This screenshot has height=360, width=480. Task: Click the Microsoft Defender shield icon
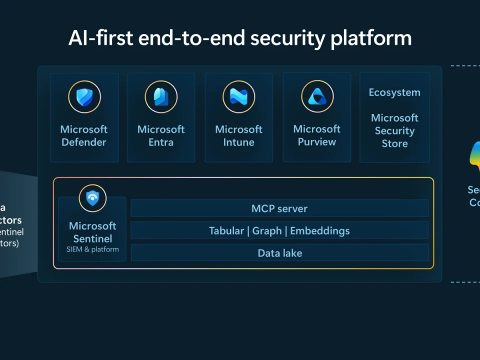click(84, 97)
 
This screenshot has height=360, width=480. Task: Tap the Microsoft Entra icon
click(161, 97)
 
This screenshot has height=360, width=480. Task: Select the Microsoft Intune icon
click(238, 97)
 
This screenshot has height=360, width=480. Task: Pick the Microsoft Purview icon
click(317, 96)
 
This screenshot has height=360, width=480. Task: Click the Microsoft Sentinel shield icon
click(92, 198)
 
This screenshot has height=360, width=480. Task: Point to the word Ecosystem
click(394, 92)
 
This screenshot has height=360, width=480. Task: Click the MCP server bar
click(279, 208)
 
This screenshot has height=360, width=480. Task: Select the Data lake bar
click(279, 253)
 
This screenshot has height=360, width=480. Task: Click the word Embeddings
click(320, 231)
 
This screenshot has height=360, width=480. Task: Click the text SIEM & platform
click(92, 249)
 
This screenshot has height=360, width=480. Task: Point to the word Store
click(394, 143)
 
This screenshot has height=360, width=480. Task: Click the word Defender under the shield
click(84, 142)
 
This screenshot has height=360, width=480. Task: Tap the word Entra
click(161, 142)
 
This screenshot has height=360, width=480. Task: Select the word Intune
click(238, 142)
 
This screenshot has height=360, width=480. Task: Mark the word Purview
click(317, 142)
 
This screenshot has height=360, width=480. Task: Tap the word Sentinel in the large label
click(92, 238)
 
